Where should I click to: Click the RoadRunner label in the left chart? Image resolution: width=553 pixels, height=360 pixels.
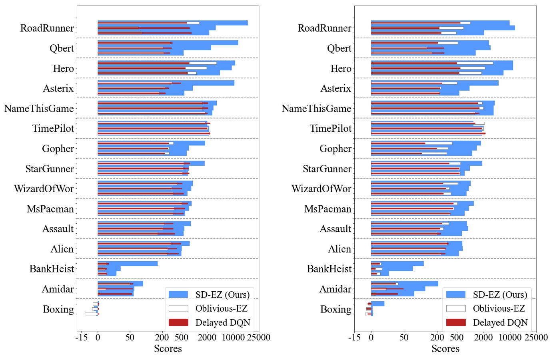pos(47,28)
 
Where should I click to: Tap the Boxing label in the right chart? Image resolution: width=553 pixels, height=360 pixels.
pos(335,309)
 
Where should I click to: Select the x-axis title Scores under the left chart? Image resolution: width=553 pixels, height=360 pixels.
pos(168,348)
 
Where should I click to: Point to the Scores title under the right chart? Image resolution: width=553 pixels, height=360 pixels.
pos(445,348)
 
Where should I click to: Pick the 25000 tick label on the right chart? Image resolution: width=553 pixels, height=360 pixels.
pos(536,337)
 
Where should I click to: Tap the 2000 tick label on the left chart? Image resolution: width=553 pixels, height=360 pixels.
pos(207,337)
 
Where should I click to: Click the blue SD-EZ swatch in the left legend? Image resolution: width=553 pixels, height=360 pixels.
pos(178,294)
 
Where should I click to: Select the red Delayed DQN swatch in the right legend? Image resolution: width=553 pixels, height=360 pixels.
pos(456,322)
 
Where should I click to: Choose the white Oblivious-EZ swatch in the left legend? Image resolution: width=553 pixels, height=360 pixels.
pos(178,308)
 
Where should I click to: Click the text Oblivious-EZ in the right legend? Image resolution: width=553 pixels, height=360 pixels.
pos(499,308)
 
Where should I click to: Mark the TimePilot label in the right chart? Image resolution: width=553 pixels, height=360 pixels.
pos(330,128)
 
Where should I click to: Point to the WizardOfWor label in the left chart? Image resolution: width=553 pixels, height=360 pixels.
pos(44,189)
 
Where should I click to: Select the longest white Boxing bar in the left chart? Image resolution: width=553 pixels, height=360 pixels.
pos(90,314)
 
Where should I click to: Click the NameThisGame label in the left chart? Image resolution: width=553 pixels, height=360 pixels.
pos(39,108)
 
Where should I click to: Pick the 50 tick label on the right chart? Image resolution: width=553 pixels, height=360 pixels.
pos(404,337)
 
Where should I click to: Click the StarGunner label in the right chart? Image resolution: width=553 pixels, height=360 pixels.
pos(327,169)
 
